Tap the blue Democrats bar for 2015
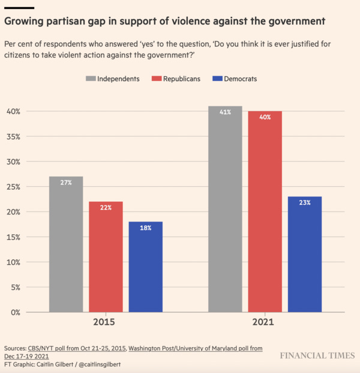click(145, 267)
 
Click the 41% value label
click(225, 112)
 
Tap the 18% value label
click(145, 228)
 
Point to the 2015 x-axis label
click(106, 323)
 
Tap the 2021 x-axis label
click(265, 323)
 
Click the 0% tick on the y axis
click(15, 312)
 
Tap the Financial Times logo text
click(317, 356)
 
